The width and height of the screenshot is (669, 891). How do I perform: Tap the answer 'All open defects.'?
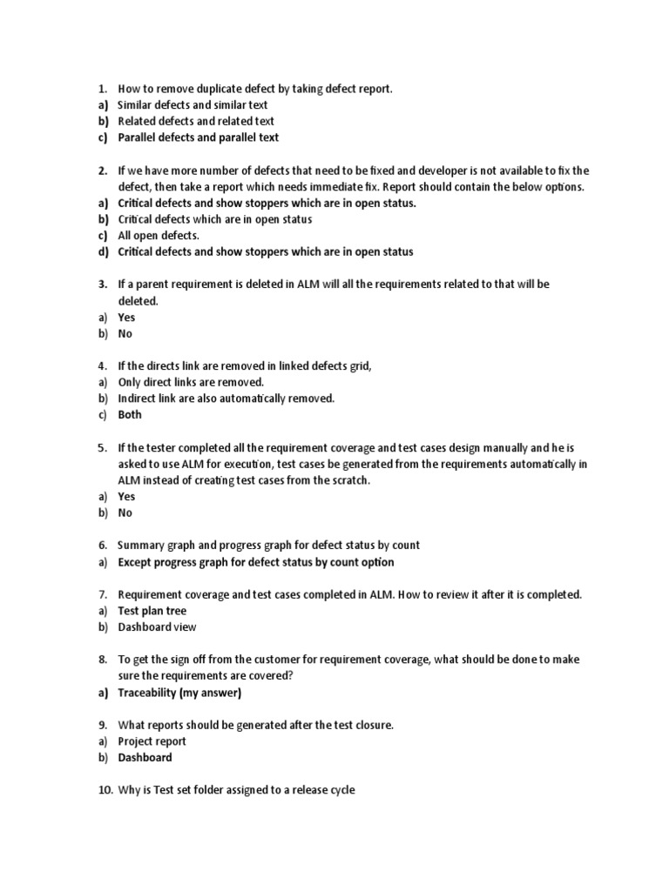(x=159, y=236)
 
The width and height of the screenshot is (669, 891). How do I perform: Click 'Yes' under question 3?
(x=126, y=318)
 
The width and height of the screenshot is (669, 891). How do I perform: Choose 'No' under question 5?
(x=125, y=512)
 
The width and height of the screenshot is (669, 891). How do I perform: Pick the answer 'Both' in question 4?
(x=130, y=415)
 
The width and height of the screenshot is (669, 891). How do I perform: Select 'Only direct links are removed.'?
(x=190, y=382)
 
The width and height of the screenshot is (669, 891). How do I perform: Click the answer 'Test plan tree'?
(x=152, y=611)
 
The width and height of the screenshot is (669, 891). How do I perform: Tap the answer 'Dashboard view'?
(x=157, y=626)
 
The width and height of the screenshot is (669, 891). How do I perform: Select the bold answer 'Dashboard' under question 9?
(x=145, y=757)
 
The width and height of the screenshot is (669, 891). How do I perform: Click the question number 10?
(x=105, y=790)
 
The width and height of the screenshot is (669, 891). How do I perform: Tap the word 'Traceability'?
(x=146, y=693)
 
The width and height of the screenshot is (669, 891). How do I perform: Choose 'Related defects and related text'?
(x=196, y=122)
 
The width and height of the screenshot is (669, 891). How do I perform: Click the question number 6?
(x=101, y=546)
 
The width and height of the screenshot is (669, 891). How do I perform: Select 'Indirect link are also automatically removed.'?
(x=226, y=399)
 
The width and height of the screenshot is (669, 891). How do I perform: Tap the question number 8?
(x=101, y=660)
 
